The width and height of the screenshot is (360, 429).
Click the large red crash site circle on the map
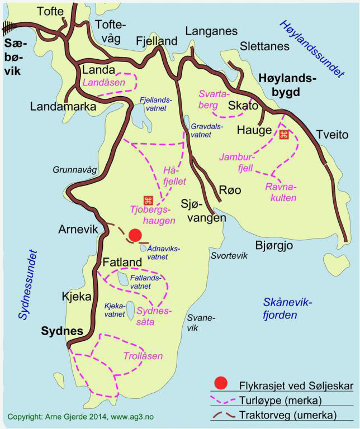point(135,235)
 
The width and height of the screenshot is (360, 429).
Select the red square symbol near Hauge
point(283,135)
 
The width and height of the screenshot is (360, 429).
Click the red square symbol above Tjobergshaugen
point(148,201)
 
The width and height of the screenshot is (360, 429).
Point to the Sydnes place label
point(62,331)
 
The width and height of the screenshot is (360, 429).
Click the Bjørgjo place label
point(274,245)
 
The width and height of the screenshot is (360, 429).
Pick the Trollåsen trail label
point(143,356)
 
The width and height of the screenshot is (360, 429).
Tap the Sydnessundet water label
point(22,285)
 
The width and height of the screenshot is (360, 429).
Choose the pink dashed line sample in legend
point(222,399)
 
